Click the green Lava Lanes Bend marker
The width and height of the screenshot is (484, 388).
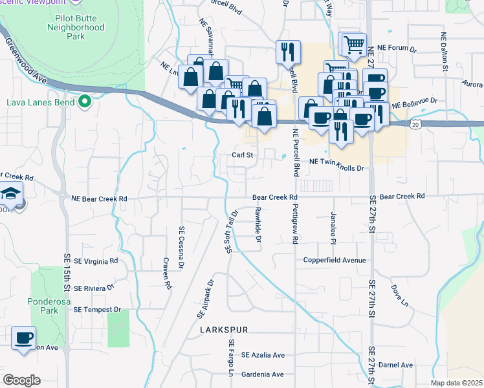pos(84,102)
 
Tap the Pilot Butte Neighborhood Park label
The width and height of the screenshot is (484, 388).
pos(76,28)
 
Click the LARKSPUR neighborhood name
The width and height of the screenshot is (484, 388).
pos(224,330)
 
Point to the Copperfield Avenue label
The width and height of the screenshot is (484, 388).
pos(335,261)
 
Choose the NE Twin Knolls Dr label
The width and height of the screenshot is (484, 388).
pos(337,168)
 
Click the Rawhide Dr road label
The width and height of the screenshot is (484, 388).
pos(258,225)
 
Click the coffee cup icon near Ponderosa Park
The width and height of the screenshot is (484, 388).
pos(24,338)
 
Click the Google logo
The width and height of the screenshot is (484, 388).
pos(21,380)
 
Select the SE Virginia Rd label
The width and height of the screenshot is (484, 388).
pos(96,261)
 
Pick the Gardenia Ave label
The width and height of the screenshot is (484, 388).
pos(262,374)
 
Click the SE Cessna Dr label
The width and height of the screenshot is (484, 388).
pos(182,246)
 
